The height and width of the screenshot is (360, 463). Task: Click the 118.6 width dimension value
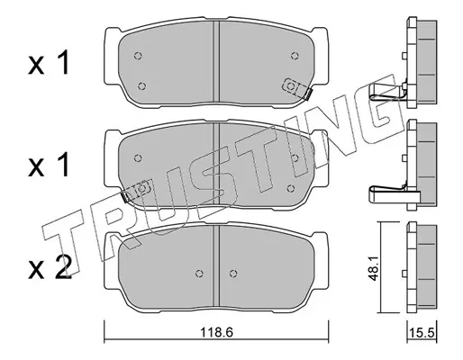(216, 332)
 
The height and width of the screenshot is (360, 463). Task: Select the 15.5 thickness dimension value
(422, 333)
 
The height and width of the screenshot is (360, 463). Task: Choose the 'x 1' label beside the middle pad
(50, 165)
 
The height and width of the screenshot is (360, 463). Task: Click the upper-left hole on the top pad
(138, 56)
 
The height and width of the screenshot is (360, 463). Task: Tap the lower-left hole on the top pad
(141, 86)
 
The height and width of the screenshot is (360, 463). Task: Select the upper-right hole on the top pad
(295, 56)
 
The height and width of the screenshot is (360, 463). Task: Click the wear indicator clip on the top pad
(296, 88)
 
